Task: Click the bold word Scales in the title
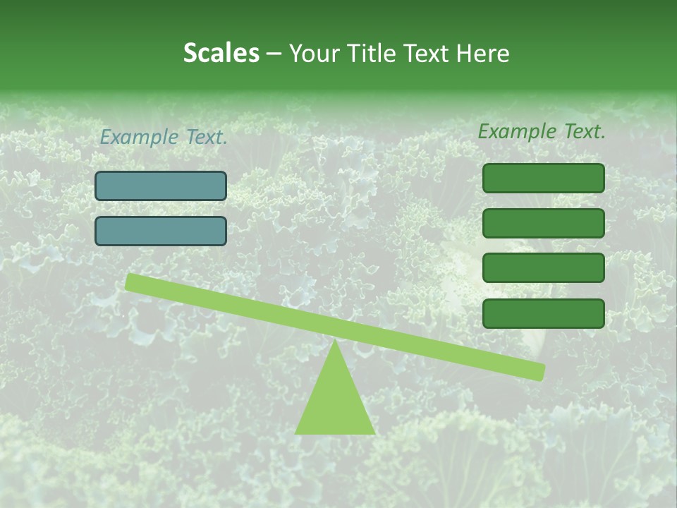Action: pos(221,54)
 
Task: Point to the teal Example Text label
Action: pos(164,137)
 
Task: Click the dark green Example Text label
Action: pos(542,131)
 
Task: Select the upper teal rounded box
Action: pos(161,186)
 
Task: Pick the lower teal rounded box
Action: pos(161,231)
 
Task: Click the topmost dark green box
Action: pos(544,179)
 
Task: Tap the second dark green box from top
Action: pos(544,223)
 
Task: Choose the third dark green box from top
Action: pos(544,268)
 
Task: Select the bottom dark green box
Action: pos(544,313)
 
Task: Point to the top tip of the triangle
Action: pos(335,341)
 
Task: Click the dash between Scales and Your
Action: pos(274,54)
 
